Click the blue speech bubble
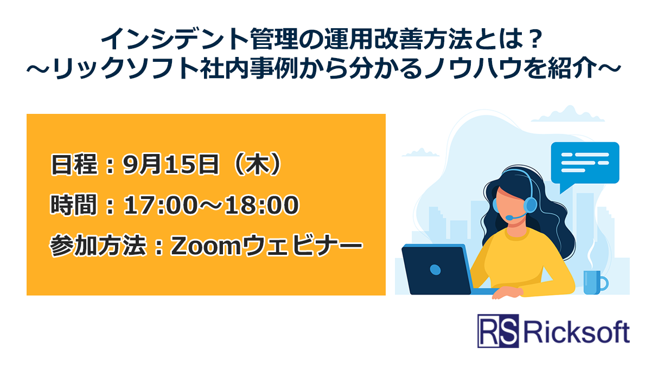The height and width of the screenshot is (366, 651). click(584, 163)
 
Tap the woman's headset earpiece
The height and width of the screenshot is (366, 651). click(531, 204)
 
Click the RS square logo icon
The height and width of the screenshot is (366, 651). click(498, 331)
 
